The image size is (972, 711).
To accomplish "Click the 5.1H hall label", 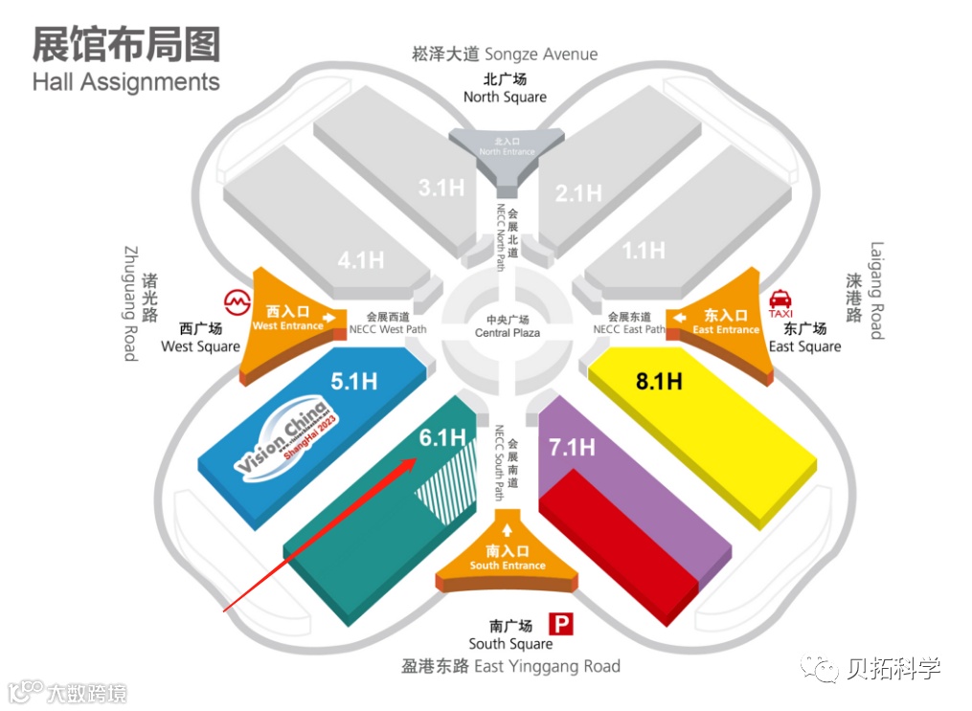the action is coord(354,381).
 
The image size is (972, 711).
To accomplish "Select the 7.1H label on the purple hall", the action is coord(572,446).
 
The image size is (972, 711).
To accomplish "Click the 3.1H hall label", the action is coord(441,188).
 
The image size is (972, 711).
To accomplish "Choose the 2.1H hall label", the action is coord(578,193).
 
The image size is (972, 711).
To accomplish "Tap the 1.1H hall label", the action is coord(644,250).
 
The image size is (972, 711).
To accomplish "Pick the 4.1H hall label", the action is coord(361,258).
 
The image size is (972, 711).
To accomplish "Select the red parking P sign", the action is coord(563,626).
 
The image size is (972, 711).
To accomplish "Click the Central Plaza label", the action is coord(508,326).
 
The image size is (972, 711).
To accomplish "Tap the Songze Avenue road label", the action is coord(505,55).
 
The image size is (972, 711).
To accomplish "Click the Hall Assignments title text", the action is coord(125,82).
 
